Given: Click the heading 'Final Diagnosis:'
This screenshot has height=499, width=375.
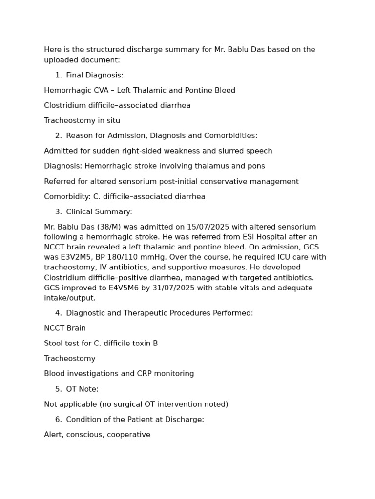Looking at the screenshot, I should pos(94,75).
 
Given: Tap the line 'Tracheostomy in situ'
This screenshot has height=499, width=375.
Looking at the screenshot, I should pos(82,120).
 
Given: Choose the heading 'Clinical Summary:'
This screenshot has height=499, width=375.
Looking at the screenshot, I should pos(99,211).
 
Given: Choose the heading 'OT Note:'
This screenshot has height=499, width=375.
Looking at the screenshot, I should pos(82,389).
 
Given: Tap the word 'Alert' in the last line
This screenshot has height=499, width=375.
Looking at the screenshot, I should pos(53,434).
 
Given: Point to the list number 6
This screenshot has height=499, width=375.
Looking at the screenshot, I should pos(58,419).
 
